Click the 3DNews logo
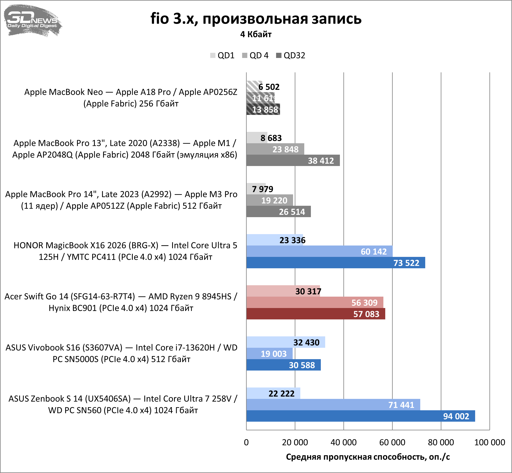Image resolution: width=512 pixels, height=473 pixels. (x=33, y=20)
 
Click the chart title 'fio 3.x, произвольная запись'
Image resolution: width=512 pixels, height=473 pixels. (x=256, y=19)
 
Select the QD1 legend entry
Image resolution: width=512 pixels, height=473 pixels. (x=222, y=55)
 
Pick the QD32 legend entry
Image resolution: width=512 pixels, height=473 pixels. (x=291, y=55)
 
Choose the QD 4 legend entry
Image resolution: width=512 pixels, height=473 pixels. (x=255, y=55)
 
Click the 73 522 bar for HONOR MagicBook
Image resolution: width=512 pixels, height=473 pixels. (x=333, y=263)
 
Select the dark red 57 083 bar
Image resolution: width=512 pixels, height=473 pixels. (x=315, y=314)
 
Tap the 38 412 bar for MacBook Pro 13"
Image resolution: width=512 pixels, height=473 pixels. (x=292, y=160)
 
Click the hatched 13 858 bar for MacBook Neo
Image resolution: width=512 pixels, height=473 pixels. (x=263, y=110)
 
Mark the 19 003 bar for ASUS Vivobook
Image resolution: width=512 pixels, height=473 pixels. (x=269, y=354)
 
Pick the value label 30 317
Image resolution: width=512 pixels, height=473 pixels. (x=308, y=291)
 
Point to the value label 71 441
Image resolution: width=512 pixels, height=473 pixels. (x=401, y=405)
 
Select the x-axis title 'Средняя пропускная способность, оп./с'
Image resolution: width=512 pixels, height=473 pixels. (x=368, y=457)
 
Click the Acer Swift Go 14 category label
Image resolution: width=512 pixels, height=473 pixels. (x=121, y=302)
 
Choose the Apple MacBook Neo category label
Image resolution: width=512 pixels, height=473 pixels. (x=131, y=98)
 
